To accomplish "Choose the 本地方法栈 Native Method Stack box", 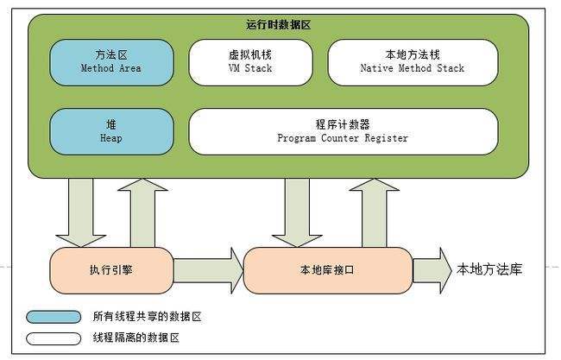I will click(412, 61).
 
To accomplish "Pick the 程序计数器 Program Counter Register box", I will click(343, 130).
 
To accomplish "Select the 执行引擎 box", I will click(110, 269).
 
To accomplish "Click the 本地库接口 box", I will click(327, 269).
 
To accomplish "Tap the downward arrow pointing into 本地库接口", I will click(297, 212).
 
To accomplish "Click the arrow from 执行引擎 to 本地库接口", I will click(207, 269).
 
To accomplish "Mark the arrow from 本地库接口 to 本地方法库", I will click(432, 269).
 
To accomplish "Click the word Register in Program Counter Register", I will click(388, 138).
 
